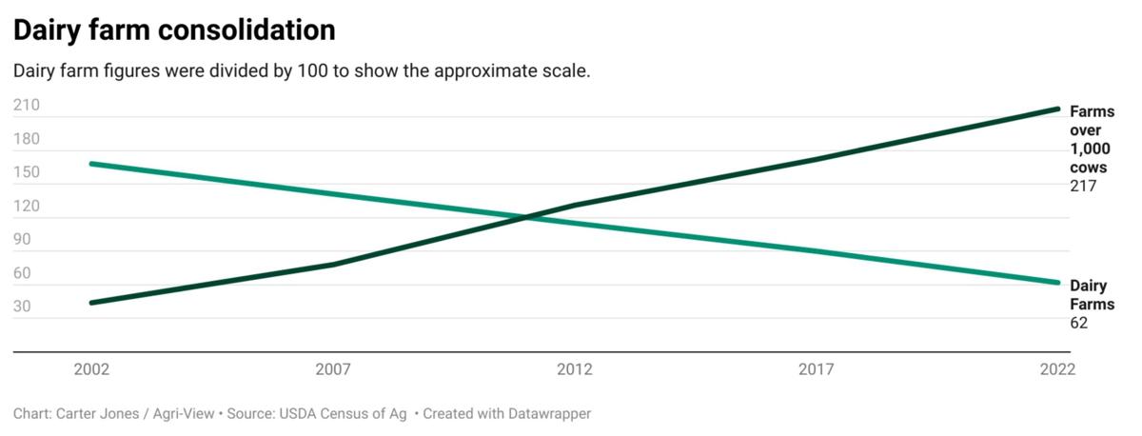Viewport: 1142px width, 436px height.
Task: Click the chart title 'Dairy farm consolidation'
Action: (174, 30)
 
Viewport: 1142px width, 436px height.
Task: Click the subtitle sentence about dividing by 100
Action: (302, 71)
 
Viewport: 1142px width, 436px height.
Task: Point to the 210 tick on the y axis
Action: (27, 106)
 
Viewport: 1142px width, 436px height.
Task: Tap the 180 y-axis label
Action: (27, 139)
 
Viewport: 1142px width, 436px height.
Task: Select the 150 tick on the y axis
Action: (27, 172)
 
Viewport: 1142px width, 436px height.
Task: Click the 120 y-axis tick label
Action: (27, 207)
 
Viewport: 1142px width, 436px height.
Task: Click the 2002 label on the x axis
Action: (91, 369)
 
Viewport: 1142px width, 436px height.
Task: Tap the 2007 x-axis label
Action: (333, 369)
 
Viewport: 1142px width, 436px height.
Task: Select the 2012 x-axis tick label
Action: (575, 369)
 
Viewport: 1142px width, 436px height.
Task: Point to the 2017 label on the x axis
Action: (817, 369)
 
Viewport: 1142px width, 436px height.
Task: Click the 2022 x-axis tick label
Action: (1057, 369)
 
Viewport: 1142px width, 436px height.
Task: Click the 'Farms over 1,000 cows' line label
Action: (1092, 139)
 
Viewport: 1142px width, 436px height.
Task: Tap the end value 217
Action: (1083, 187)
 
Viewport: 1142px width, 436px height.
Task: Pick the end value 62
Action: (1079, 323)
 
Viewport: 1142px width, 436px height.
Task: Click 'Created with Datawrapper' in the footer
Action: (507, 414)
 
